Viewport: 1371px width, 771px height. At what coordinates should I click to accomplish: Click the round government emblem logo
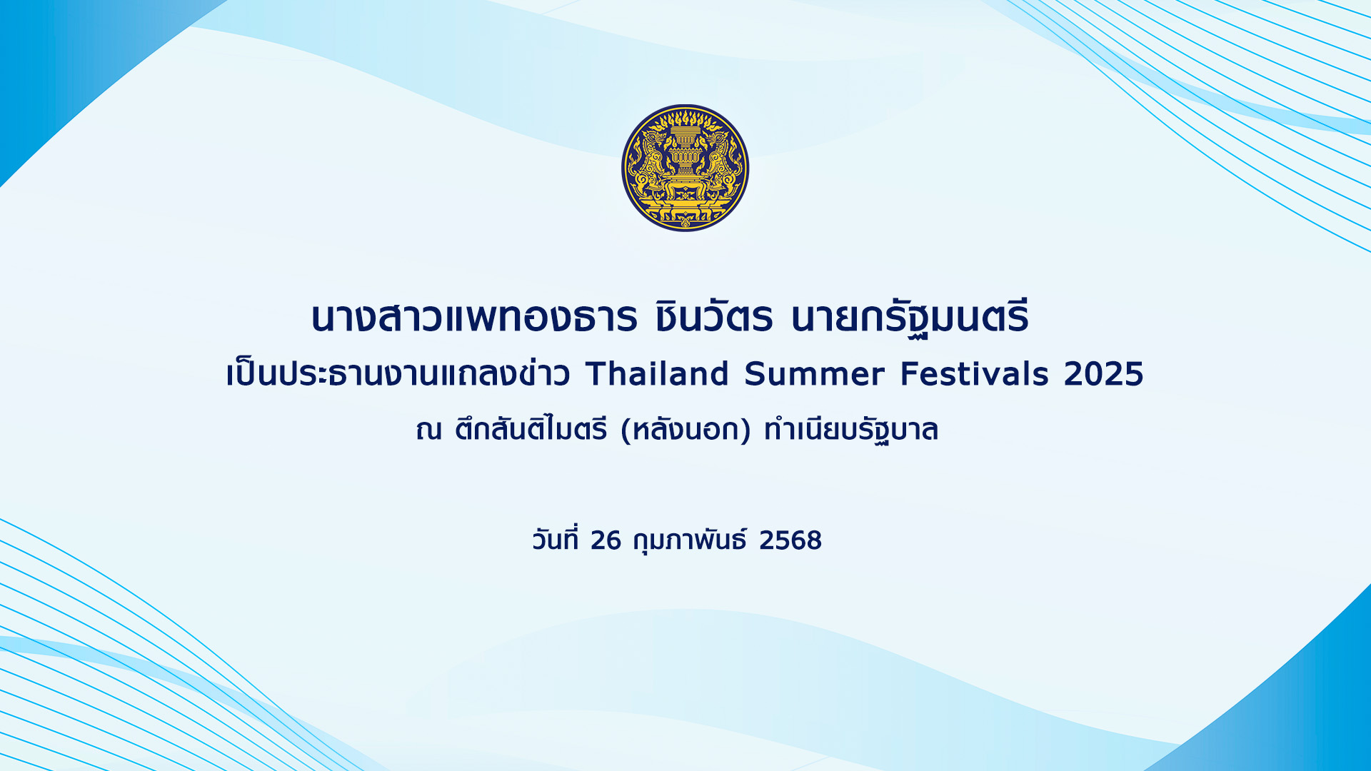click(x=685, y=168)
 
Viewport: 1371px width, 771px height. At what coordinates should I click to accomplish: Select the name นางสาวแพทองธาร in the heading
click(x=474, y=318)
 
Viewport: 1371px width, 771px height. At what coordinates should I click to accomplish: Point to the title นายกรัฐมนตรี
click(x=910, y=318)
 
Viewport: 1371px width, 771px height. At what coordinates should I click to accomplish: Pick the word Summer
click(x=814, y=374)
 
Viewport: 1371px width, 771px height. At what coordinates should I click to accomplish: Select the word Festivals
click(x=974, y=374)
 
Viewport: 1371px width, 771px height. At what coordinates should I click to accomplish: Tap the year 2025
click(x=1103, y=374)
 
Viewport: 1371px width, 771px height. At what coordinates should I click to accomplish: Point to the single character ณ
click(x=429, y=430)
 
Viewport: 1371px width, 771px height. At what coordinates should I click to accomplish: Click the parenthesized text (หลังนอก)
click(x=685, y=430)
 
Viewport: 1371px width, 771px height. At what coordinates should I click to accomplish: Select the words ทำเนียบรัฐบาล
click(x=850, y=430)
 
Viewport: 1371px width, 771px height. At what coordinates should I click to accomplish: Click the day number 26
click(x=606, y=540)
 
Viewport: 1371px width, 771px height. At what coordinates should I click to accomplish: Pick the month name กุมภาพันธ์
click(x=690, y=540)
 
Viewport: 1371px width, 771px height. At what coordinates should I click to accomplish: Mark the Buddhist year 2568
click(x=790, y=540)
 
